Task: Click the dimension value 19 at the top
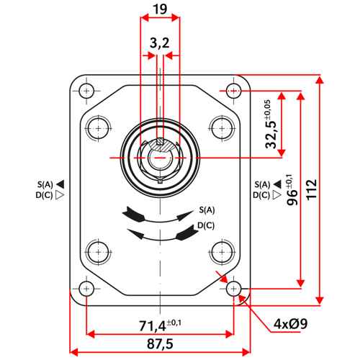pos(160,9)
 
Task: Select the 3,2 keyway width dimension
pos(160,43)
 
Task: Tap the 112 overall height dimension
pos(312,189)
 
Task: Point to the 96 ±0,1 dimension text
pos(292,189)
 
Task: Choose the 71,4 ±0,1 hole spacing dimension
pos(161,325)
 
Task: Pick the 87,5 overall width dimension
pos(160,344)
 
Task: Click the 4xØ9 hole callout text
pos(290,324)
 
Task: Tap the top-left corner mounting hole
pos(86,91)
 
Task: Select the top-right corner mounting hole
pos(233,91)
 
